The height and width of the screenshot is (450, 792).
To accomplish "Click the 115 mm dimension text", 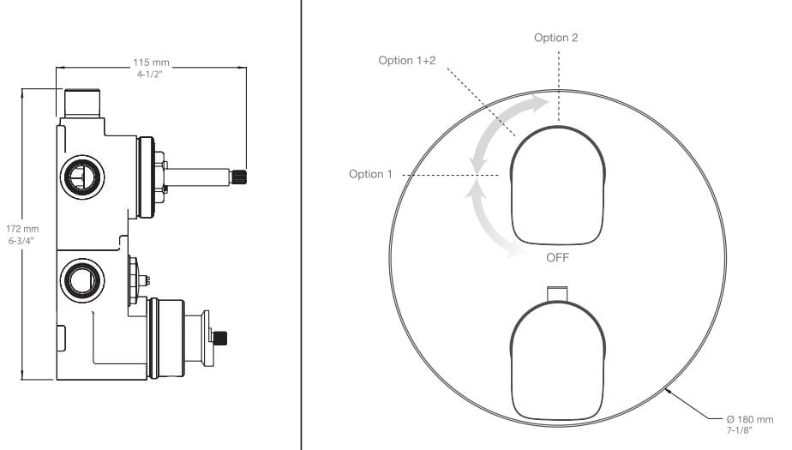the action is [x=151, y=63].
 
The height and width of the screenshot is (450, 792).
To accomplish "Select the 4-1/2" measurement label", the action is [x=150, y=75].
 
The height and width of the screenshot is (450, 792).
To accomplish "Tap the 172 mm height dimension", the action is [x=22, y=229].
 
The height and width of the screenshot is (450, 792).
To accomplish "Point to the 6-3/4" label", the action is [x=21, y=240].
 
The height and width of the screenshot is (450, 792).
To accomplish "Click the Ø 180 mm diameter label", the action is [x=749, y=419].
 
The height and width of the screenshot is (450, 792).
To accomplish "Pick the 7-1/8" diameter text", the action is [x=740, y=430].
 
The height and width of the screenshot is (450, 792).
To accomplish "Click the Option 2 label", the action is [x=555, y=38].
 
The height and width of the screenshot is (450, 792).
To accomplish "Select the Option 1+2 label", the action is [x=406, y=61].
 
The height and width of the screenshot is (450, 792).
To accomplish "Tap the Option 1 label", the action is [x=370, y=174].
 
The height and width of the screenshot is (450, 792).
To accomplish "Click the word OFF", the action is [x=558, y=258].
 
